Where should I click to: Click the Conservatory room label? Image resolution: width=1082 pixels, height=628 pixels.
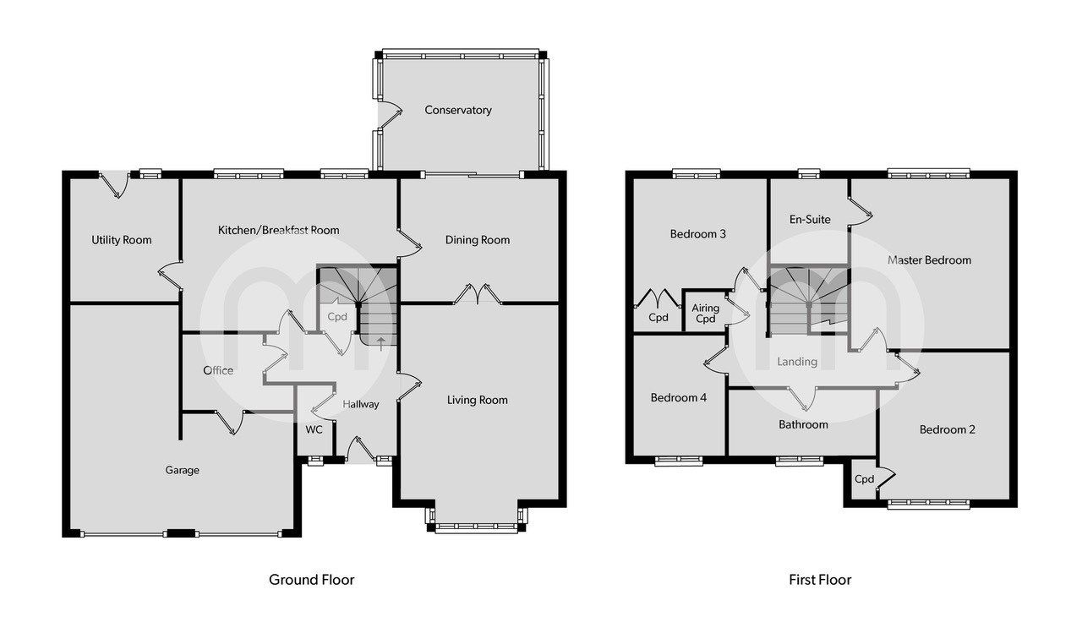point(457,110)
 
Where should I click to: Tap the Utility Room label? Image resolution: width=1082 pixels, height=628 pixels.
point(122,240)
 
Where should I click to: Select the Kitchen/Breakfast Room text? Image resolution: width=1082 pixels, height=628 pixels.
point(278,230)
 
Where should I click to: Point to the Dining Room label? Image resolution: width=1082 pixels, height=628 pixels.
point(478,240)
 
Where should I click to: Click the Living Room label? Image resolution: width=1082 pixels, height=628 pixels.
point(478,400)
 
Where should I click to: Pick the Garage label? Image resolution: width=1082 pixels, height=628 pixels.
point(182,470)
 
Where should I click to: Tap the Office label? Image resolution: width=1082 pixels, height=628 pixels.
point(218,370)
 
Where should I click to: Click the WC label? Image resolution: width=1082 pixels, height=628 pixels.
point(314,429)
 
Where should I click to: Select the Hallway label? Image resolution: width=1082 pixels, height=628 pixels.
point(361,404)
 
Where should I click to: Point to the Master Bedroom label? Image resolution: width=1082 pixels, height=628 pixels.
point(929,260)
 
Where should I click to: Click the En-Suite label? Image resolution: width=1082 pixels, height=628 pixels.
point(810,220)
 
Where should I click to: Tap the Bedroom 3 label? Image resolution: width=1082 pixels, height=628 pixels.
point(698,234)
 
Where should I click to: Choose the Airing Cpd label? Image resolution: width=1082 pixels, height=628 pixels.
point(704,314)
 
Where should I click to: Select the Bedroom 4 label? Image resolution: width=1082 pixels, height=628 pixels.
point(679,398)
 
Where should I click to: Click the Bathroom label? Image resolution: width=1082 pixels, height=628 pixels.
point(803,424)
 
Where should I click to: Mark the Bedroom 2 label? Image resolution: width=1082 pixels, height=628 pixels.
point(948,429)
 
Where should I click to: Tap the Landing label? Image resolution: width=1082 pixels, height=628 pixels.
point(797,362)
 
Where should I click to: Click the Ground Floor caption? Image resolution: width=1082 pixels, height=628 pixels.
point(311,580)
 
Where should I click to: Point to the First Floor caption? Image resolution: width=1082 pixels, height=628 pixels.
point(819,580)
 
